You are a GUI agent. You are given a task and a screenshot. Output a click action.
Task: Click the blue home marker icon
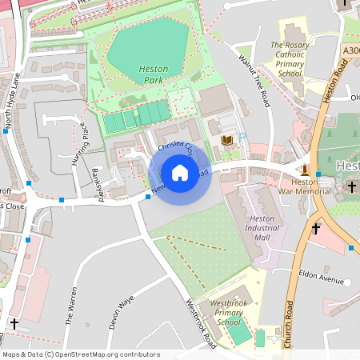179,173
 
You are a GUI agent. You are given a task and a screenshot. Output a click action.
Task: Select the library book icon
226,140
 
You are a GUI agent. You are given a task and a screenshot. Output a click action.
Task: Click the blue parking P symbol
242,137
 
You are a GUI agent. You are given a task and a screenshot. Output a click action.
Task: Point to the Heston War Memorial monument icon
305,169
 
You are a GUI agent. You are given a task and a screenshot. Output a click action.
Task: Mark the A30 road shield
350,50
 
